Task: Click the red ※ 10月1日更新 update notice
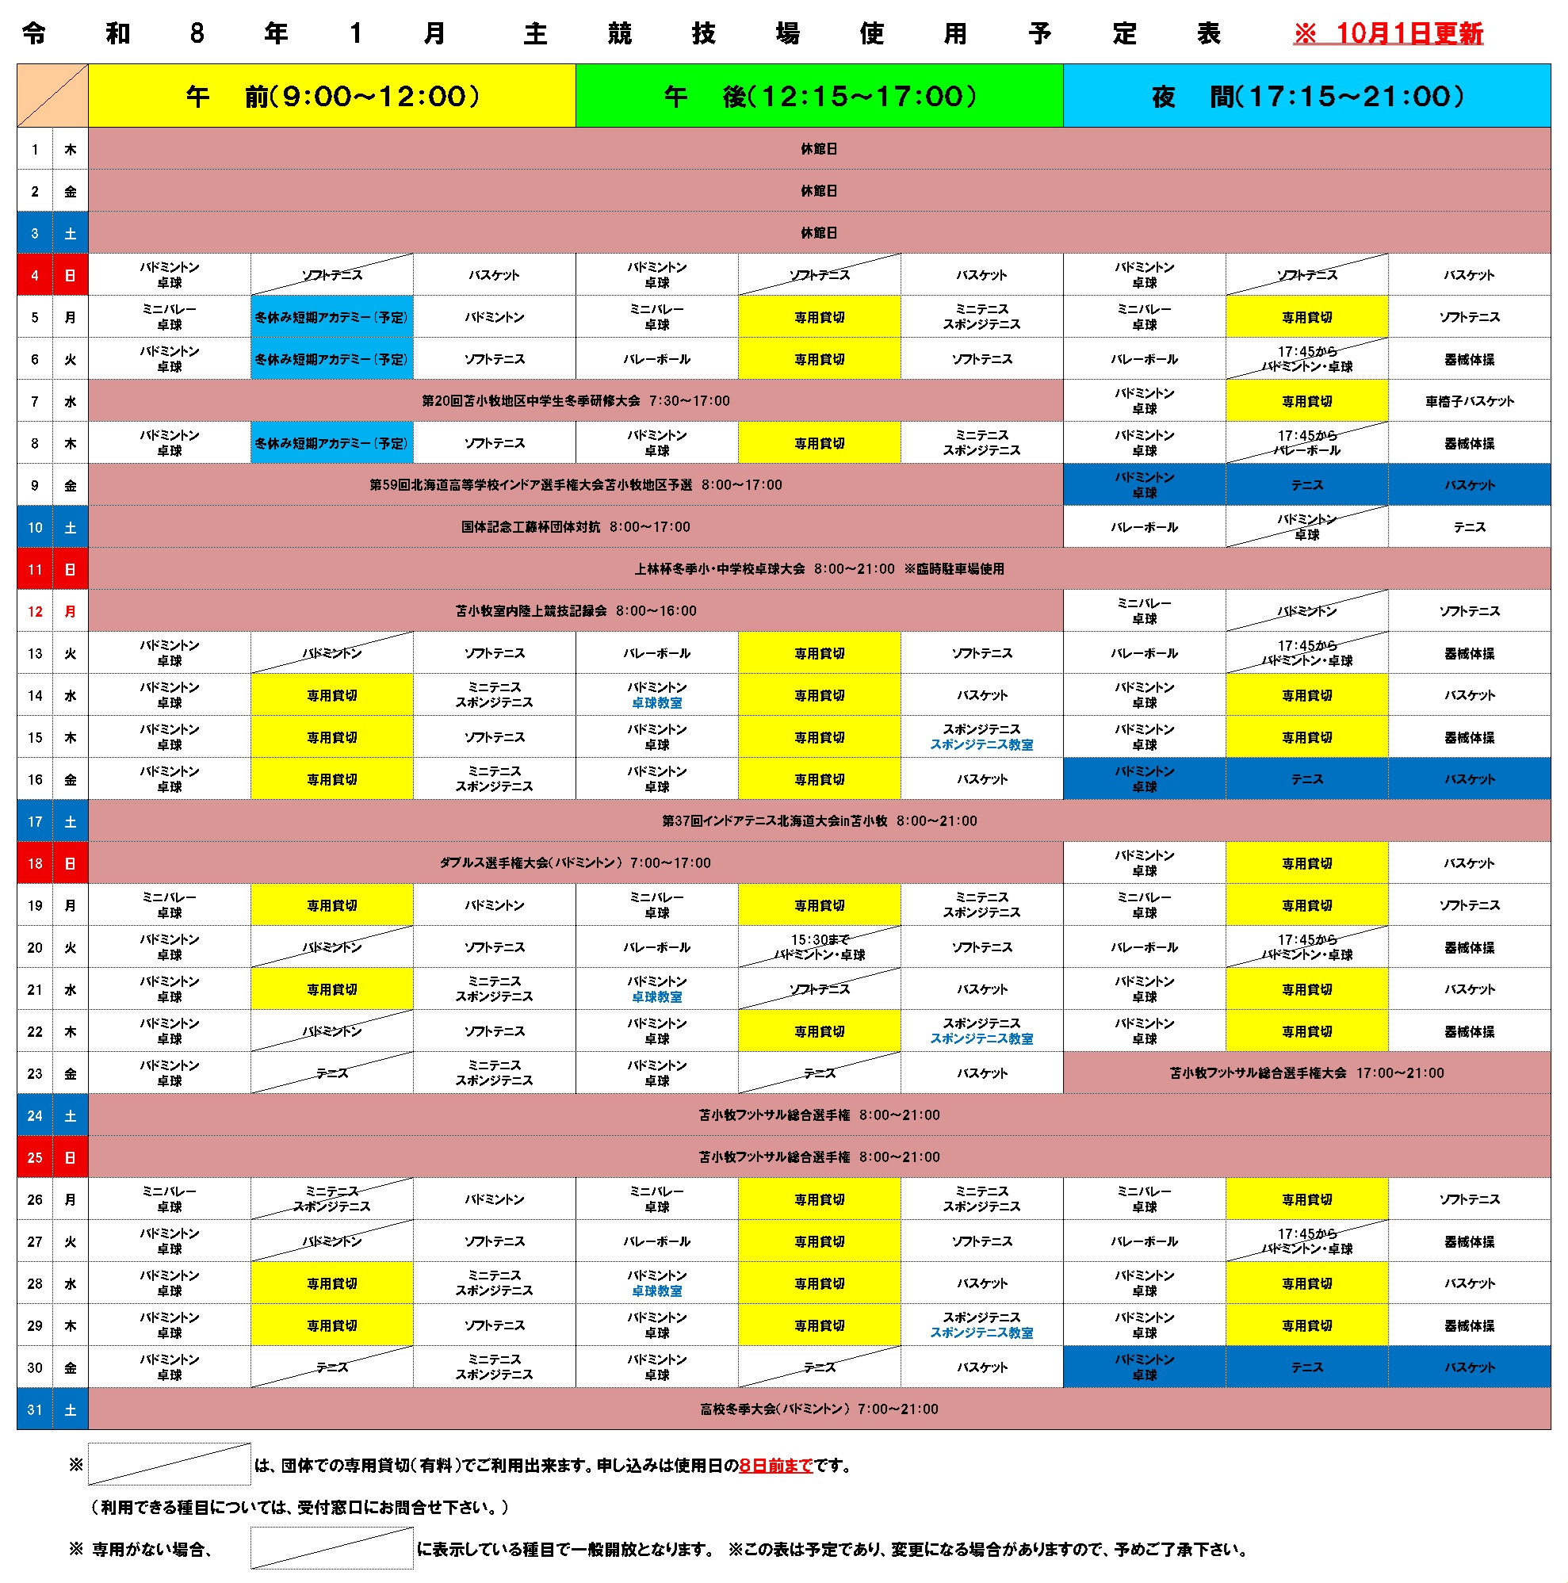1387,33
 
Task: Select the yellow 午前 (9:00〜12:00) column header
331,96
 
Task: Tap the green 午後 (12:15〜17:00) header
818,96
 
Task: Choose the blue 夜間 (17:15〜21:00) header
1306,96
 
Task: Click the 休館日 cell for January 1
818,149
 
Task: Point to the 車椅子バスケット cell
1469,401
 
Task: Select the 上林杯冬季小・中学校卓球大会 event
818,569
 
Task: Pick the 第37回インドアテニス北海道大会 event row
818,821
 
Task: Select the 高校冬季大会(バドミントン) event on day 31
818,1409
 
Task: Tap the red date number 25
34,1158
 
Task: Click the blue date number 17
34,821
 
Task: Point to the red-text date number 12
34,611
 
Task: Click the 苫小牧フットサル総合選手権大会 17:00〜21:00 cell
1306,1073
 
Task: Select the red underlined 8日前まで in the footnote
775,1466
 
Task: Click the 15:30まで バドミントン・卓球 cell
818,947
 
